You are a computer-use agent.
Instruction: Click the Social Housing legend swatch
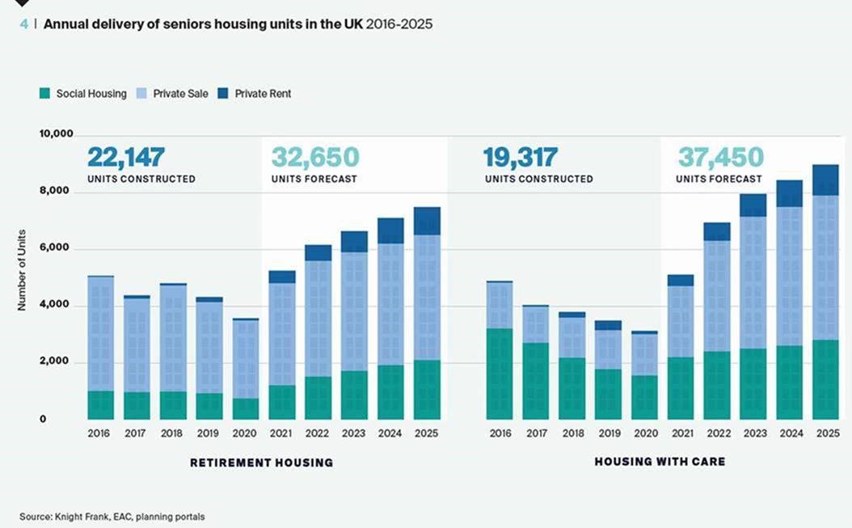click(x=45, y=94)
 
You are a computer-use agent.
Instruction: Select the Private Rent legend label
click(x=263, y=94)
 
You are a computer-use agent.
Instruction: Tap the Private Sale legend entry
click(x=180, y=94)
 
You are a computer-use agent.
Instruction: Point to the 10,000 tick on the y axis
click(x=57, y=133)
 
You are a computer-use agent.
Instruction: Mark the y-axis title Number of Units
click(x=22, y=271)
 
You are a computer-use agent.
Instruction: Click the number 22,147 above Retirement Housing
click(x=126, y=156)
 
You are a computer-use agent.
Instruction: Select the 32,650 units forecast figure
click(x=314, y=156)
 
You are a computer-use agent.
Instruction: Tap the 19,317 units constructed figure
click(x=520, y=156)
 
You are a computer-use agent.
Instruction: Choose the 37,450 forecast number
click(x=720, y=156)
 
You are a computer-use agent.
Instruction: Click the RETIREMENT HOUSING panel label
click(x=261, y=463)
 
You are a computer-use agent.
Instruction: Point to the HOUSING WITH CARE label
click(x=660, y=462)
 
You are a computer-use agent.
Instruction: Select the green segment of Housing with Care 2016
click(x=500, y=374)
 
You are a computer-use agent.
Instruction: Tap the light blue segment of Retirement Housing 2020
click(x=246, y=359)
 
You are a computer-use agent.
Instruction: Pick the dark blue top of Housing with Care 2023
click(x=753, y=205)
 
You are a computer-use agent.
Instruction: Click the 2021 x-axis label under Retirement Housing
click(x=281, y=434)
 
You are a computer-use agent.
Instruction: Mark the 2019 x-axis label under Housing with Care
click(x=608, y=434)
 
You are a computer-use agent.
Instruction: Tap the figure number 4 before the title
click(x=24, y=24)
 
